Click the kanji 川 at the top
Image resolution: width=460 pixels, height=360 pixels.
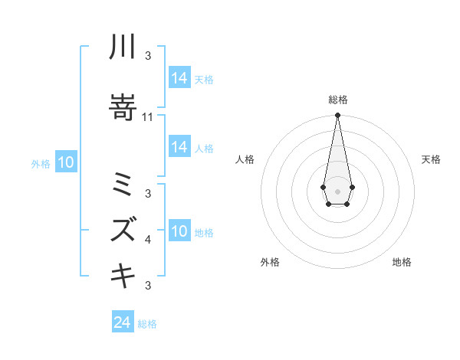tap(123, 48)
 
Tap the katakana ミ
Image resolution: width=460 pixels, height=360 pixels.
tap(123, 185)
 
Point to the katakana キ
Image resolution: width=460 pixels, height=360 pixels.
tap(123, 275)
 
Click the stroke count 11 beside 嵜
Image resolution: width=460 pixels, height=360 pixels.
tap(148, 117)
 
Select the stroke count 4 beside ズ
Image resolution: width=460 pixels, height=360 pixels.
tap(148, 240)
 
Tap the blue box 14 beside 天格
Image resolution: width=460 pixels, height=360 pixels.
tap(179, 78)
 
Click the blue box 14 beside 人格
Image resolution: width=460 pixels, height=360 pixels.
tap(179, 147)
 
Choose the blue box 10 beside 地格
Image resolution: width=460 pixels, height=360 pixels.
tap(179, 231)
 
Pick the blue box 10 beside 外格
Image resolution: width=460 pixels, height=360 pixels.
tap(66, 162)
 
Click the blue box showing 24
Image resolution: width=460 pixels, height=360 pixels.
tap(123, 322)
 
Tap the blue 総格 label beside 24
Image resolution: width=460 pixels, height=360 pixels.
tap(147, 324)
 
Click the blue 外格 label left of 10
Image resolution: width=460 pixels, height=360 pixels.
tap(41, 163)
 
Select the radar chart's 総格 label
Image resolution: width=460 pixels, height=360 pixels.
tap(337, 100)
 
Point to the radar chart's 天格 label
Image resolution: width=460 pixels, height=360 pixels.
tap(432, 159)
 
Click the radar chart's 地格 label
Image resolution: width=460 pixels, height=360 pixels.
tap(402, 263)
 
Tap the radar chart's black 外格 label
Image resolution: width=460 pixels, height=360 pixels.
tap(270, 263)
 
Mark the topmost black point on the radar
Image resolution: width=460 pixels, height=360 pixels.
tap(337, 116)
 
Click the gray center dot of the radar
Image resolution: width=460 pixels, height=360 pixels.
tap(337, 190)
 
